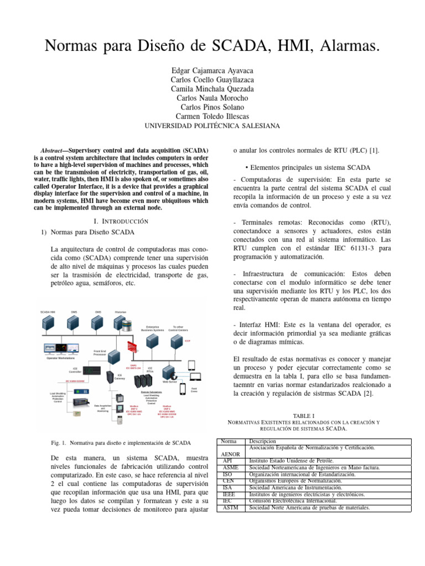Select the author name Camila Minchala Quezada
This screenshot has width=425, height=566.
[x=212, y=88]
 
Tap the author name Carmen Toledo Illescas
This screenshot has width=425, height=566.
[x=212, y=116]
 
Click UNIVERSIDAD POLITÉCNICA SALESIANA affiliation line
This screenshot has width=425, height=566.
[x=212, y=126]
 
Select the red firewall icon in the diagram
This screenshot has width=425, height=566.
[x=132, y=346]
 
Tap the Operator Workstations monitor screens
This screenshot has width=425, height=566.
[x=61, y=349]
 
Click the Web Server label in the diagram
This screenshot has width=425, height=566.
[x=169, y=382]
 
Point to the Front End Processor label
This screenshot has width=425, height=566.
[x=100, y=352]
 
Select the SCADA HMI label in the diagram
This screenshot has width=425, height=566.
[x=48, y=312]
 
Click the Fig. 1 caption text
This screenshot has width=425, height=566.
[x=120, y=443]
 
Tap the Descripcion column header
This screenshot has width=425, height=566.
[x=262, y=441]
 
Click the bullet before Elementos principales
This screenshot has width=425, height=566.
[x=245, y=167]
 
